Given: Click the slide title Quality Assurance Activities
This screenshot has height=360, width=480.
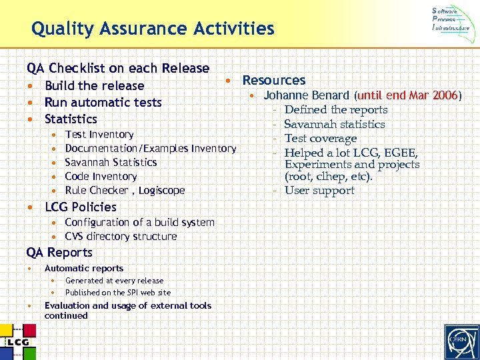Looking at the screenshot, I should pyautogui.click(x=153, y=29).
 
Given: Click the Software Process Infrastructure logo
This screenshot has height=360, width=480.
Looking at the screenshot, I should pyautogui.click(x=450, y=19).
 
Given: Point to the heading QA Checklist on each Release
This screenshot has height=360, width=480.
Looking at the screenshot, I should pyautogui.click(x=118, y=68).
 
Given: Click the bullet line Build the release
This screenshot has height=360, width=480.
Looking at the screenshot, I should pyautogui.click(x=94, y=85).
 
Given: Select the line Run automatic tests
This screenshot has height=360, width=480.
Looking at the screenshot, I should pyautogui.click(x=103, y=102).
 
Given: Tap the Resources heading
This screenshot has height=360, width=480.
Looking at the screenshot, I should pyautogui.click(x=273, y=80).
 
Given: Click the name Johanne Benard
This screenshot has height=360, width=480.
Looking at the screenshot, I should pyautogui.click(x=306, y=95).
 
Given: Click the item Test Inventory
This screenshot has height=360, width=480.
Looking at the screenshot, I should pyautogui.click(x=99, y=135).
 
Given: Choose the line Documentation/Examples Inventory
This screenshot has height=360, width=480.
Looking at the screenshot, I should pyautogui.click(x=150, y=149).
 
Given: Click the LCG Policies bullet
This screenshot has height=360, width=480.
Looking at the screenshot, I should pyautogui.click(x=80, y=207).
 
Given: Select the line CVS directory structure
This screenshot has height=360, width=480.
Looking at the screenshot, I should pyautogui.click(x=121, y=237).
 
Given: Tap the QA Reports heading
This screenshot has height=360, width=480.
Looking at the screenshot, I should pyautogui.click(x=59, y=252).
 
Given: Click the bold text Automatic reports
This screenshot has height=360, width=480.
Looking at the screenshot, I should pyautogui.click(x=83, y=268).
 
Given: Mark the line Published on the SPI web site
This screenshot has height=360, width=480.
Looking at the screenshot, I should pyautogui.click(x=117, y=293).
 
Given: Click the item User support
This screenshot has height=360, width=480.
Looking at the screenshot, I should pyautogui.click(x=319, y=191).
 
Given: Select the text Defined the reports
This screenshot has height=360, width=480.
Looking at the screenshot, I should pyautogui.click(x=335, y=110).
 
